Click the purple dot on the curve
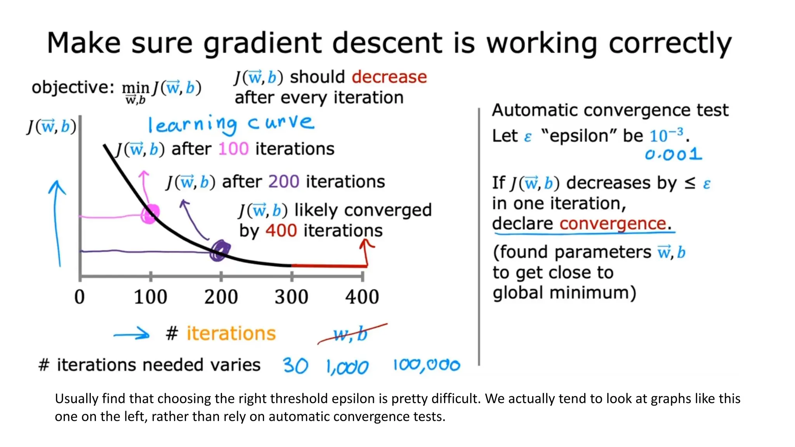(x=220, y=250)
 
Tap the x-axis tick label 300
(x=291, y=297)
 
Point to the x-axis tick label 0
(x=79, y=297)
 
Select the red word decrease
(x=389, y=77)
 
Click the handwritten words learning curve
(x=231, y=124)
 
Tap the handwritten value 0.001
(x=673, y=155)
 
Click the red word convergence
(x=613, y=224)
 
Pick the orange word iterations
(x=231, y=334)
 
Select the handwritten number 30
(x=295, y=366)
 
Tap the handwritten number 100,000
(x=426, y=365)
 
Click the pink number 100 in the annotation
(x=233, y=149)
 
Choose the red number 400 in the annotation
(x=281, y=231)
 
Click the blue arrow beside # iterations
(x=131, y=334)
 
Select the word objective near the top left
(x=73, y=87)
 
